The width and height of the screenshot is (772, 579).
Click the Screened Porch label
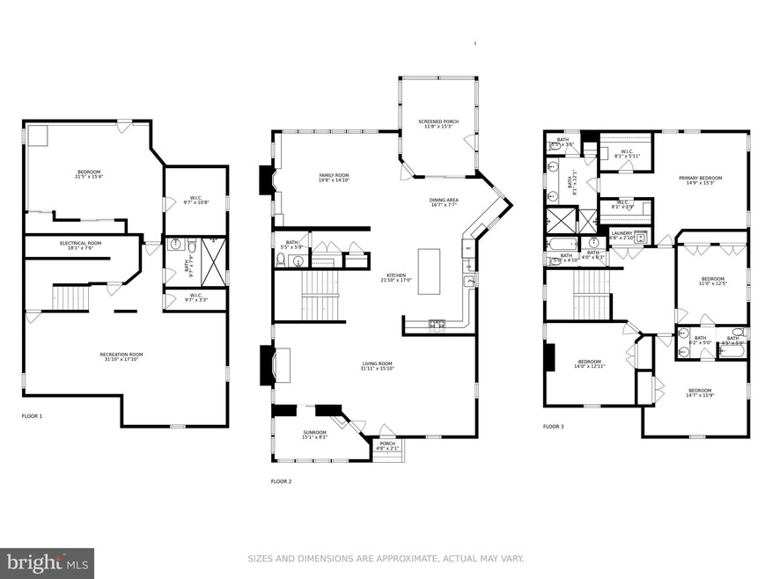(x=437, y=122)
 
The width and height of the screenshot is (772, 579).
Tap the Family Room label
(x=334, y=175)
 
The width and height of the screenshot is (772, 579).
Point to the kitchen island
(x=430, y=271)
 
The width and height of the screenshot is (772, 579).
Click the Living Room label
(x=377, y=363)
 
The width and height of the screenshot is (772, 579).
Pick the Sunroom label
(x=314, y=432)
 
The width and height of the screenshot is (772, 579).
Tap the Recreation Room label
(x=121, y=354)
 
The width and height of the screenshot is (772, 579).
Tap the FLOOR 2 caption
(x=282, y=481)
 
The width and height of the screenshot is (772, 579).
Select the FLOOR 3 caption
(x=553, y=426)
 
